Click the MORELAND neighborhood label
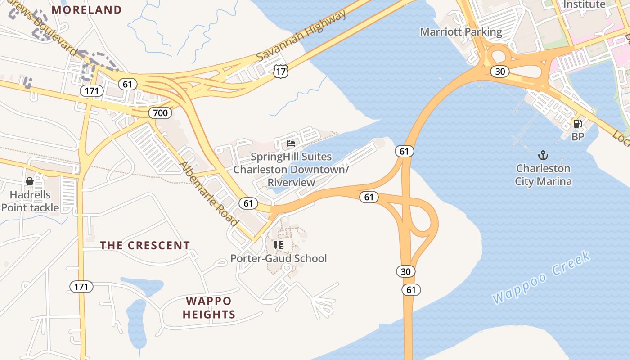(x=87, y=9)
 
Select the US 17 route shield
(x=280, y=71)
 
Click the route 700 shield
(x=160, y=112)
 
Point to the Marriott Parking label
(x=461, y=32)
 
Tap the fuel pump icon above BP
(x=577, y=123)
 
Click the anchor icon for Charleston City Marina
(x=543, y=156)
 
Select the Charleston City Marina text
(x=543, y=175)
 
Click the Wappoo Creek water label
(x=541, y=278)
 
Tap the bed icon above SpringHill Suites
(x=291, y=144)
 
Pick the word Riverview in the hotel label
(x=291, y=182)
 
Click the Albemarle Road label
(x=209, y=193)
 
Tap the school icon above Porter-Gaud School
(x=279, y=245)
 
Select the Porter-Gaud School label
(x=279, y=258)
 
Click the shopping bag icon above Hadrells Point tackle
(x=30, y=181)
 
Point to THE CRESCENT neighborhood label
(x=145, y=245)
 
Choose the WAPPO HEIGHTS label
(x=209, y=307)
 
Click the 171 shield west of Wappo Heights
(x=81, y=286)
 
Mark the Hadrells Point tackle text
(x=30, y=201)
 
